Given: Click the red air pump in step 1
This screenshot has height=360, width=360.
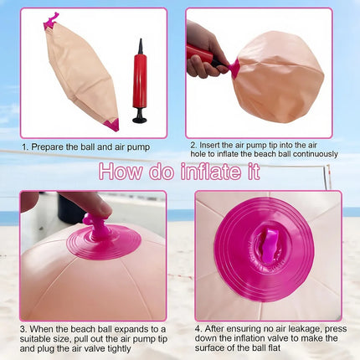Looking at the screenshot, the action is click(140, 81).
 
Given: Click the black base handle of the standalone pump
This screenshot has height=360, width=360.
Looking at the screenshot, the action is click(140, 117).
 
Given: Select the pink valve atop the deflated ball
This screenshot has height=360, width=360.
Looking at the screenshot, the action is click(51, 21).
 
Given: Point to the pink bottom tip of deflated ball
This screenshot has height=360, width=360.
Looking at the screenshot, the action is click(112, 125).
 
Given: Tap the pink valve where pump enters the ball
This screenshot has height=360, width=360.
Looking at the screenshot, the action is click(234, 68).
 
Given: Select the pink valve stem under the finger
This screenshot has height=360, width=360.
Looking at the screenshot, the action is click(95, 229).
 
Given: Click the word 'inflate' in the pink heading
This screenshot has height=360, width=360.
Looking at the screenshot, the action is click(210, 171).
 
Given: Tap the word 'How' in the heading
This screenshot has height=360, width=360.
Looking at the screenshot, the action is click(121, 171).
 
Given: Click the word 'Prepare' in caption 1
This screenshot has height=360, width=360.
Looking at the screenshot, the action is click(47, 147).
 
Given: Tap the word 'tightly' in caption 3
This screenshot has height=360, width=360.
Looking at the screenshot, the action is click(116, 349).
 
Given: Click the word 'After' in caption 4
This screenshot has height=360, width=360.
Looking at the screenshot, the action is click(214, 329).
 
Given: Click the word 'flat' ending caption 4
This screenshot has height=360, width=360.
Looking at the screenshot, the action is click(274, 347).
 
